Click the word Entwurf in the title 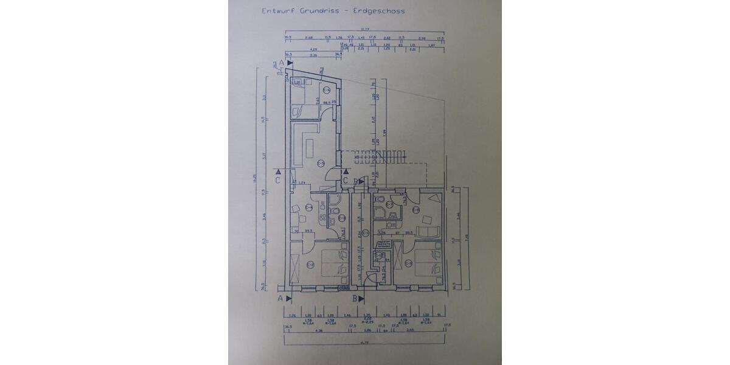point(276,10)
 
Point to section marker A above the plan point(282,63)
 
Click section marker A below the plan point(281,299)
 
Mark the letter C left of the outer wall point(277,181)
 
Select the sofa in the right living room point(429,231)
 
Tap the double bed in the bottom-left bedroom point(329,262)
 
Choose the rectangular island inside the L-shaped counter point(308,147)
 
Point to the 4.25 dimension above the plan point(313,49)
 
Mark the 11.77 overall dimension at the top point(365,29)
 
